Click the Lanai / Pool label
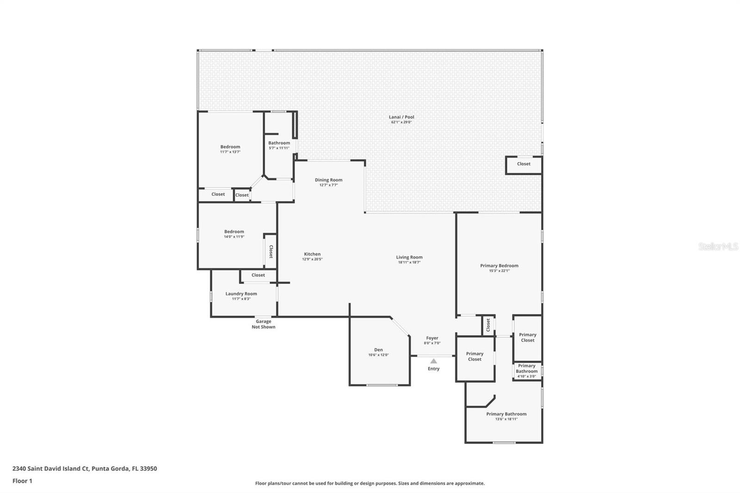point(401,117)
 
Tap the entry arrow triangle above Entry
point(433,361)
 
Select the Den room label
point(378,350)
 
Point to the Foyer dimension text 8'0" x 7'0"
point(432,343)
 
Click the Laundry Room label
point(241,294)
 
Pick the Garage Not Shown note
point(263,324)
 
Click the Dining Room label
point(328,180)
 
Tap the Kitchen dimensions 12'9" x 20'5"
point(312,259)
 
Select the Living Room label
point(409,257)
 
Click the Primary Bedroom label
point(499,265)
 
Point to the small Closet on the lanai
point(524,164)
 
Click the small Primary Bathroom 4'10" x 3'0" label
point(526,371)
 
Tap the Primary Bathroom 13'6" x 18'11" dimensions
point(506,419)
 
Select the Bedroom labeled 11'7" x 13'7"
point(230,147)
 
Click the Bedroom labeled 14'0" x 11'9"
point(234,232)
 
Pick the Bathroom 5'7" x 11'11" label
point(279,143)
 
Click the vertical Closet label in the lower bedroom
point(271,252)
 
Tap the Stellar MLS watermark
point(718,247)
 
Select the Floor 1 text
point(22,481)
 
